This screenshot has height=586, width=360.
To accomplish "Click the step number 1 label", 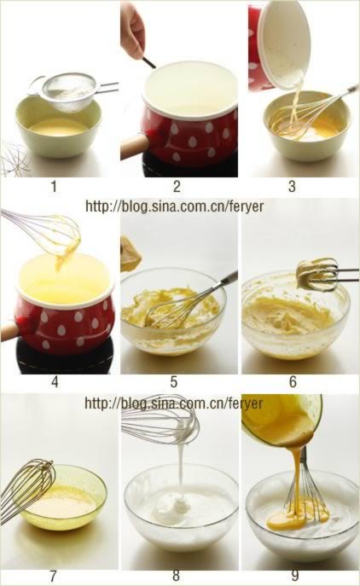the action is (55, 186).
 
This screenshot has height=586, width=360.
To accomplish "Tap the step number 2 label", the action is (177, 186).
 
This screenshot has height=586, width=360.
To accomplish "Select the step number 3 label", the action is (293, 186).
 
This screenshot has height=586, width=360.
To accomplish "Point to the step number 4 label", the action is (55, 382).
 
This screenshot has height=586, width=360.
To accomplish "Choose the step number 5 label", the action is (174, 382).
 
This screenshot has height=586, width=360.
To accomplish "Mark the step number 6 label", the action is (293, 382).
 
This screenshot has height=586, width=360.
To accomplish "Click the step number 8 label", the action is (177, 576).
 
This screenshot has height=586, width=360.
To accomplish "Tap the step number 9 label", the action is (295, 576).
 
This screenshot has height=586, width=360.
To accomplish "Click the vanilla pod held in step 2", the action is (149, 62).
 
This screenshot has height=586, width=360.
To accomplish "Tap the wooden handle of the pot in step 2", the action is (134, 147).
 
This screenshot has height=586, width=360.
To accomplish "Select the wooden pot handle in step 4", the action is (9, 330).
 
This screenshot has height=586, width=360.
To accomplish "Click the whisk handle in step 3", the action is (352, 90).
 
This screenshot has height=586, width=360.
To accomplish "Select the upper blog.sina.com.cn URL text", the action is (175, 206).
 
